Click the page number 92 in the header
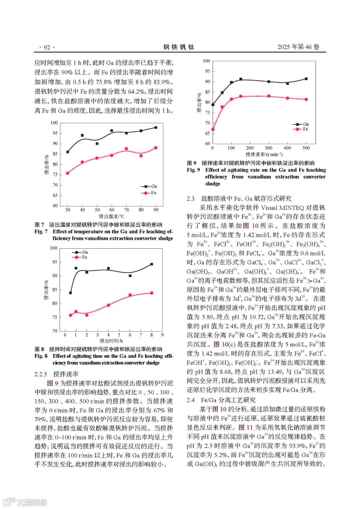click(47, 47)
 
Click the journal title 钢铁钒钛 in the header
click(179, 47)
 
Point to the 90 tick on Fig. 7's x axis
click(156, 210)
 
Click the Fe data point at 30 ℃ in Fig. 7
click(68, 173)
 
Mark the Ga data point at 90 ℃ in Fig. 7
click(156, 127)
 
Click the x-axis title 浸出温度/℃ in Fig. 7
click(112, 216)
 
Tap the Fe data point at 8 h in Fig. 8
click(152, 293)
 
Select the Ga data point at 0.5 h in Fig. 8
click(70, 293)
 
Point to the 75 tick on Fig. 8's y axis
click(54, 317)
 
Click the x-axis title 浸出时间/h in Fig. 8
click(111, 341)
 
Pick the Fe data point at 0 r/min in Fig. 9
click(213, 129)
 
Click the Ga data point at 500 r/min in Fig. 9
click(306, 79)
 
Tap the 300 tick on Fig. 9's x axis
click(269, 148)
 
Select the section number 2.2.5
click(41, 374)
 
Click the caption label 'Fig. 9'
click(193, 170)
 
